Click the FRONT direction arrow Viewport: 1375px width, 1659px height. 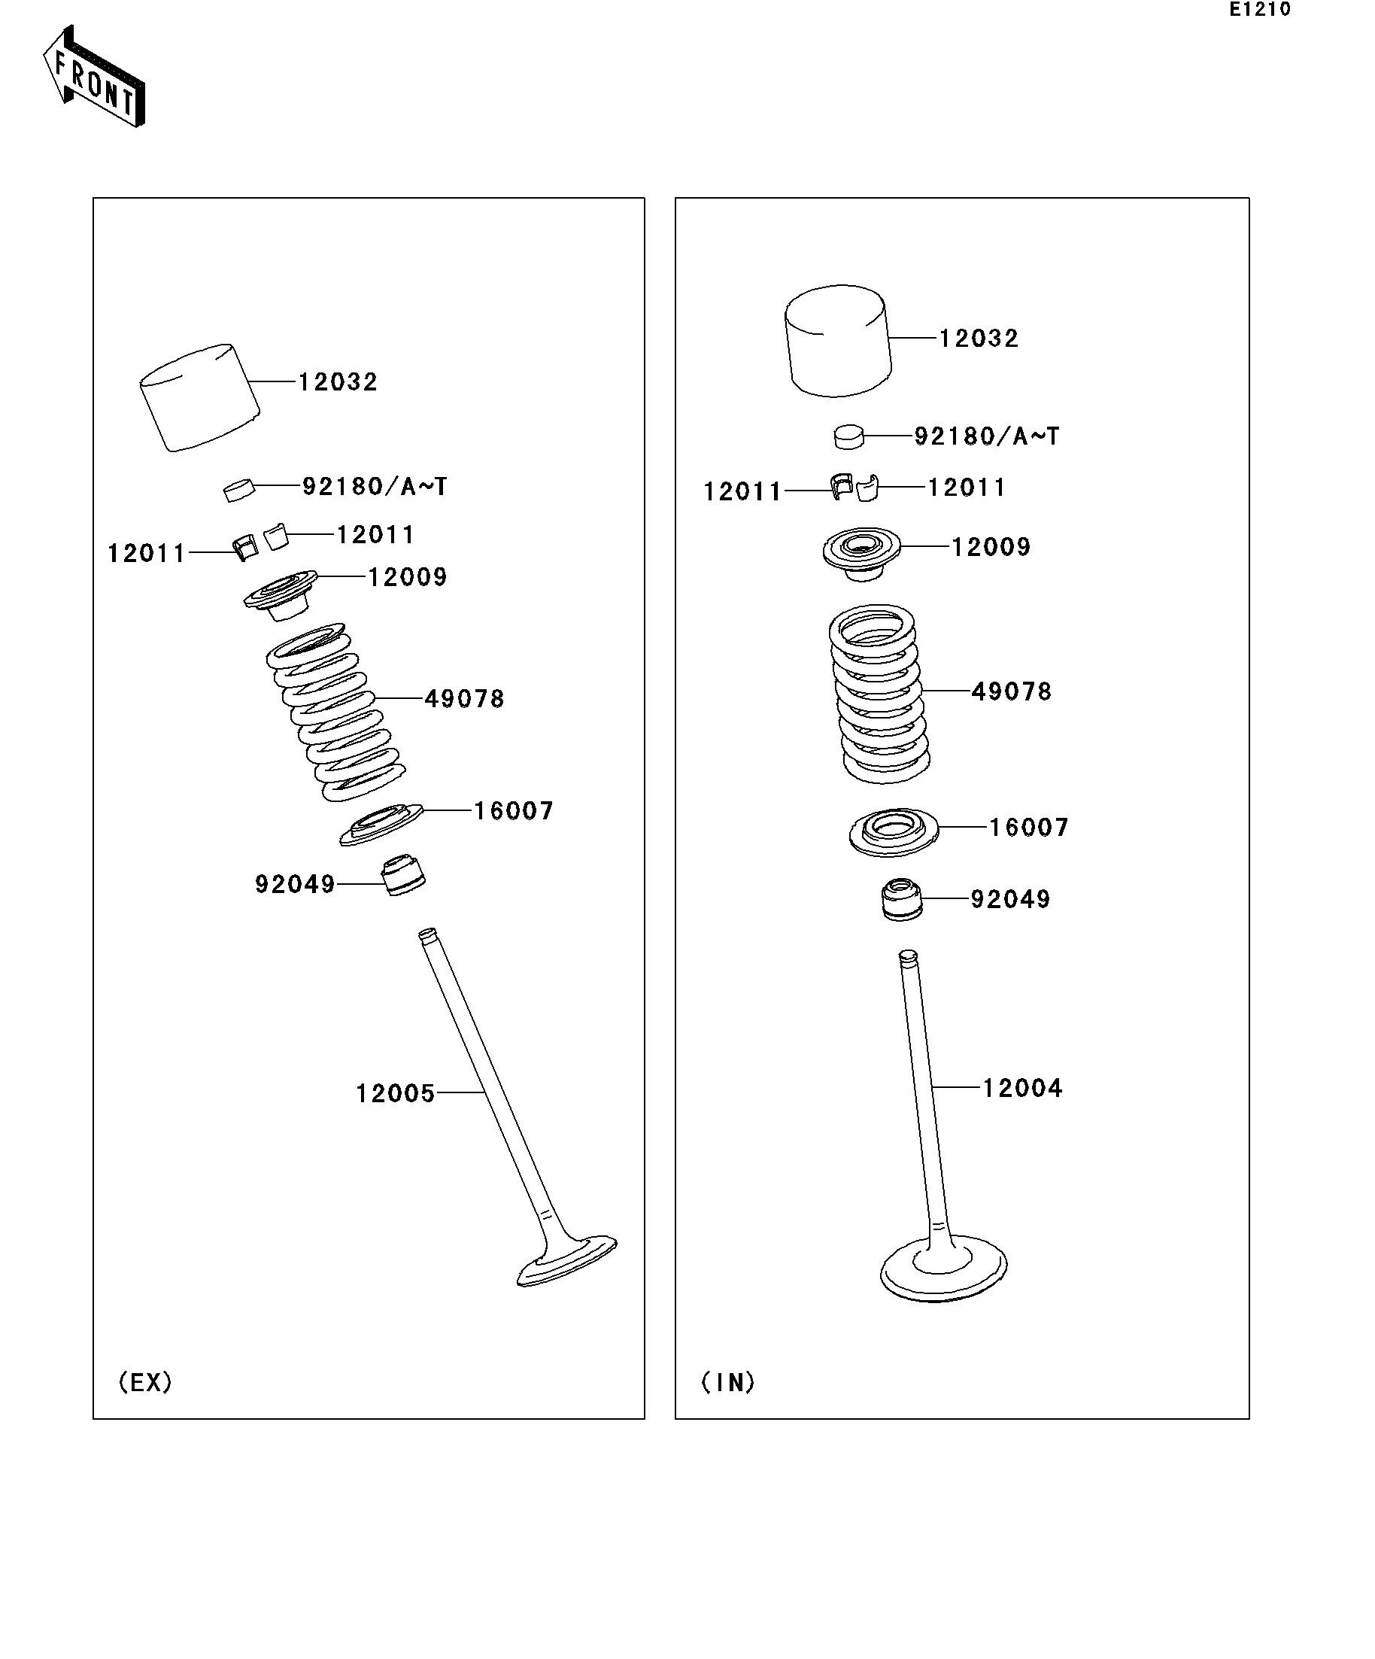pos(94,77)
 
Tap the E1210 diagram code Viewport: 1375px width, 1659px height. pos(1260,10)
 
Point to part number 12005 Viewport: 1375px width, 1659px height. pos(395,1093)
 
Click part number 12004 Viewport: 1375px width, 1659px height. pos(1023,1088)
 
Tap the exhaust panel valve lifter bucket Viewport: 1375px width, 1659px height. pos(200,397)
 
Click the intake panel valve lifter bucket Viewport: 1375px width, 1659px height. pos(838,341)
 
